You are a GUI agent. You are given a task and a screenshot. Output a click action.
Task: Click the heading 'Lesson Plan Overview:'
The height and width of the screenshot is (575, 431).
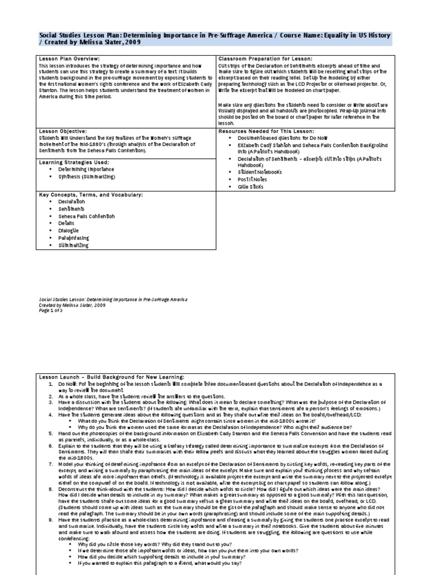[x=69, y=58]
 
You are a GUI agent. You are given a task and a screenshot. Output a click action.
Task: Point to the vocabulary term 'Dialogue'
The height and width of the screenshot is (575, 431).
[x=69, y=230]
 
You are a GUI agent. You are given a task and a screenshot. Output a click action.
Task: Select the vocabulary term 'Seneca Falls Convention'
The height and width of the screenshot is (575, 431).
[x=86, y=216]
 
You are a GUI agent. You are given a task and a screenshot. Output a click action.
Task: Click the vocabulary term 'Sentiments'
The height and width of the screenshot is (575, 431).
[x=72, y=208]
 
